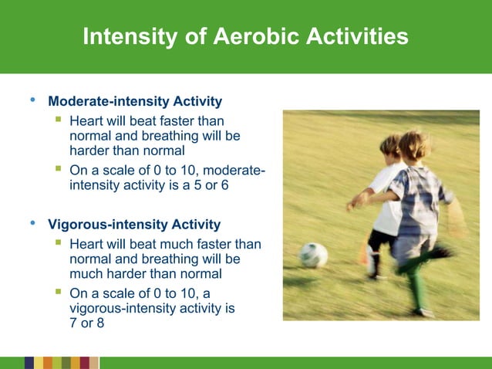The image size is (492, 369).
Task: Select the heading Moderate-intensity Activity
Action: point(135,101)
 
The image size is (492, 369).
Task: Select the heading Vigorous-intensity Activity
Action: point(134,225)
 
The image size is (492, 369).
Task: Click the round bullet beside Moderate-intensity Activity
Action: point(32,100)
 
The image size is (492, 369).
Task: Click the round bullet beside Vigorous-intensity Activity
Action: point(32,224)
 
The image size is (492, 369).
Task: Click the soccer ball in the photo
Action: point(313,255)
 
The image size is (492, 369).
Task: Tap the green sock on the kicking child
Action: point(417,289)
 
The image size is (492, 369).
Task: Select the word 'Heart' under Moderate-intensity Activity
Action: point(86,121)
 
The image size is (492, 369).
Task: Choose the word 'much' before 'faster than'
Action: point(174,245)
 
